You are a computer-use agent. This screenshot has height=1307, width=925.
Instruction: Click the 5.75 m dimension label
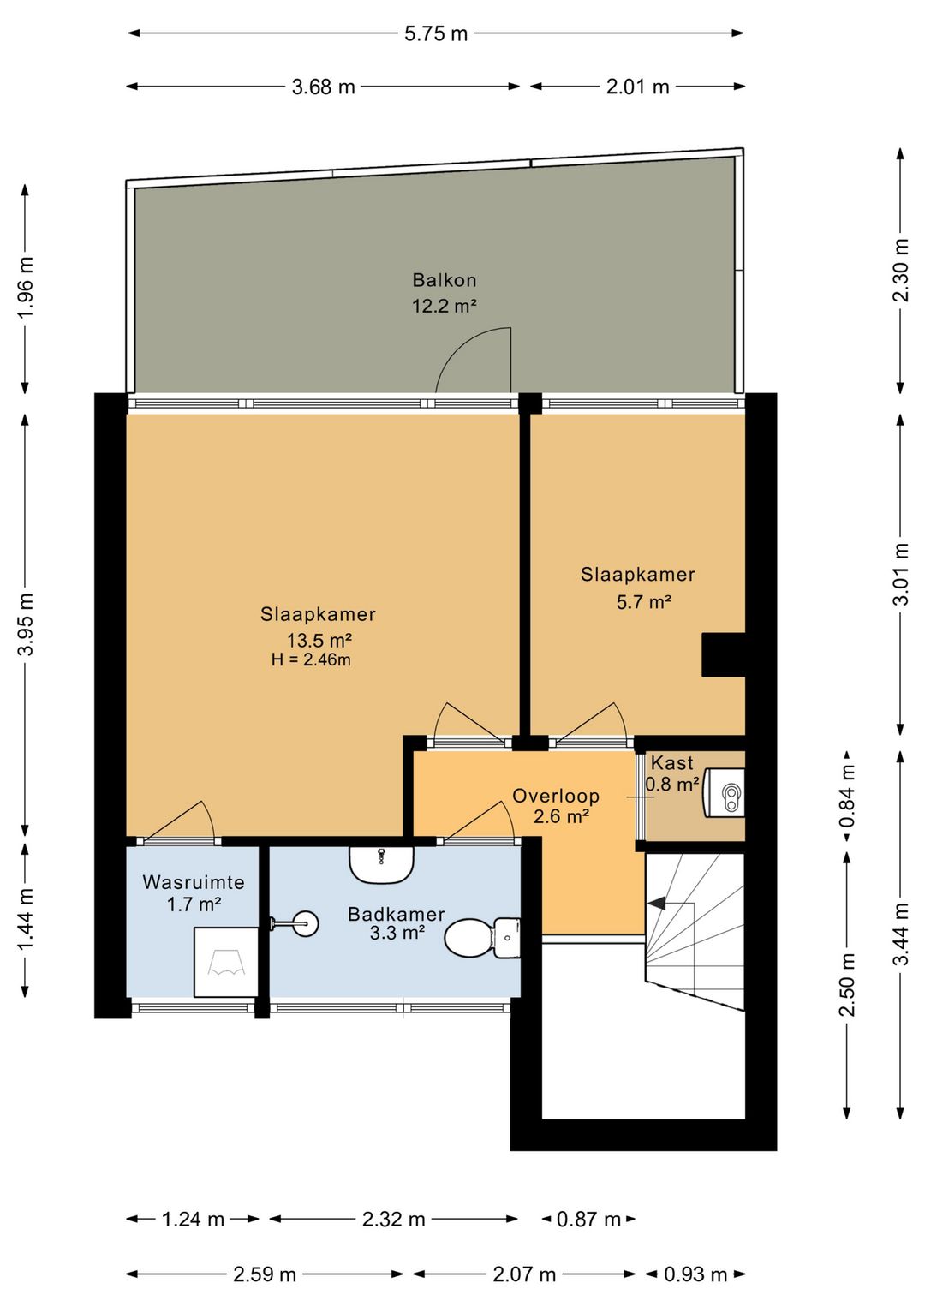tap(436, 33)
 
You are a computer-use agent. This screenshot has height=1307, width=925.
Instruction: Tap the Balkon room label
tap(445, 280)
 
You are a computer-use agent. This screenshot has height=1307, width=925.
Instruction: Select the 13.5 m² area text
tap(319, 640)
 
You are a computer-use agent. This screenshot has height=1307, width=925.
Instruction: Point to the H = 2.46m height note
tap(311, 659)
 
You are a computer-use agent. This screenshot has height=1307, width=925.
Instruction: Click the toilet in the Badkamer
tap(482, 938)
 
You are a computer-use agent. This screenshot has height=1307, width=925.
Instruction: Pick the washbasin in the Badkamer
tap(382, 865)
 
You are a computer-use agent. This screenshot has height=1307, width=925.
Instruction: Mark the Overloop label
tap(556, 796)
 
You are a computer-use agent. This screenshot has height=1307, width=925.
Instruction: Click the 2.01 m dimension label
tap(637, 87)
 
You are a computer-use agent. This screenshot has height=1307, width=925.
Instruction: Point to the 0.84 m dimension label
tap(847, 796)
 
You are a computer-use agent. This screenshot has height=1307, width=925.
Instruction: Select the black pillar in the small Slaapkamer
tap(724, 654)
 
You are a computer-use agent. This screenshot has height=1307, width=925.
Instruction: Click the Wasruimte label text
tap(194, 881)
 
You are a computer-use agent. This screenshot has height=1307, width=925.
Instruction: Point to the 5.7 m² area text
tap(644, 601)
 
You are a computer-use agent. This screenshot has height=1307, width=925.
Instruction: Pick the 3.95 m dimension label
tap(27, 624)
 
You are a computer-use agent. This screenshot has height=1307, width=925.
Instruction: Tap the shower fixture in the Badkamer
tap(295, 922)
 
